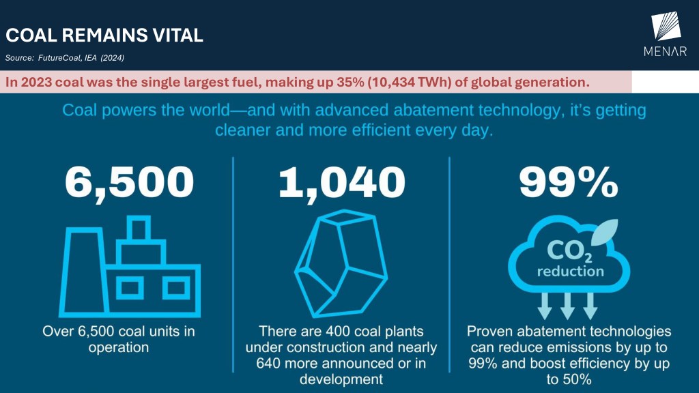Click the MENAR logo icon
(x=666, y=27)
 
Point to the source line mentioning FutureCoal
(x=65, y=58)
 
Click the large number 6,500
(x=130, y=183)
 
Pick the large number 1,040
(x=342, y=183)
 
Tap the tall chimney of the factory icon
(x=84, y=272)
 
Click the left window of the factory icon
(x=130, y=288)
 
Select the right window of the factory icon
(x=176, y=288)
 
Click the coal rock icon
(x=341, y=263)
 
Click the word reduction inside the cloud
(x=570, y=271)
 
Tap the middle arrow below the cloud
(x=567, y=306)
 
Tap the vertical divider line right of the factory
(x=233, y=265)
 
